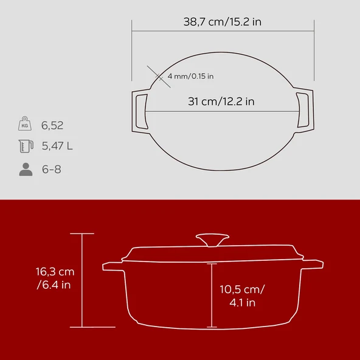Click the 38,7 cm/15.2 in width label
click(x=223, y=21)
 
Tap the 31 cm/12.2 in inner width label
click(x=221, y=102)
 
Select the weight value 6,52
click(x=52, y=126)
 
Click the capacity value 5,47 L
click(x=57, y=147)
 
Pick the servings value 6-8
click(x=51, y=169)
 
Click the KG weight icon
click(x=25, y=125)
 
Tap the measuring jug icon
click(x=25, y=147)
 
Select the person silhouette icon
click(x=25, y=169)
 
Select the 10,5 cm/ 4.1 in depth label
click(x=241, y=296)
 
